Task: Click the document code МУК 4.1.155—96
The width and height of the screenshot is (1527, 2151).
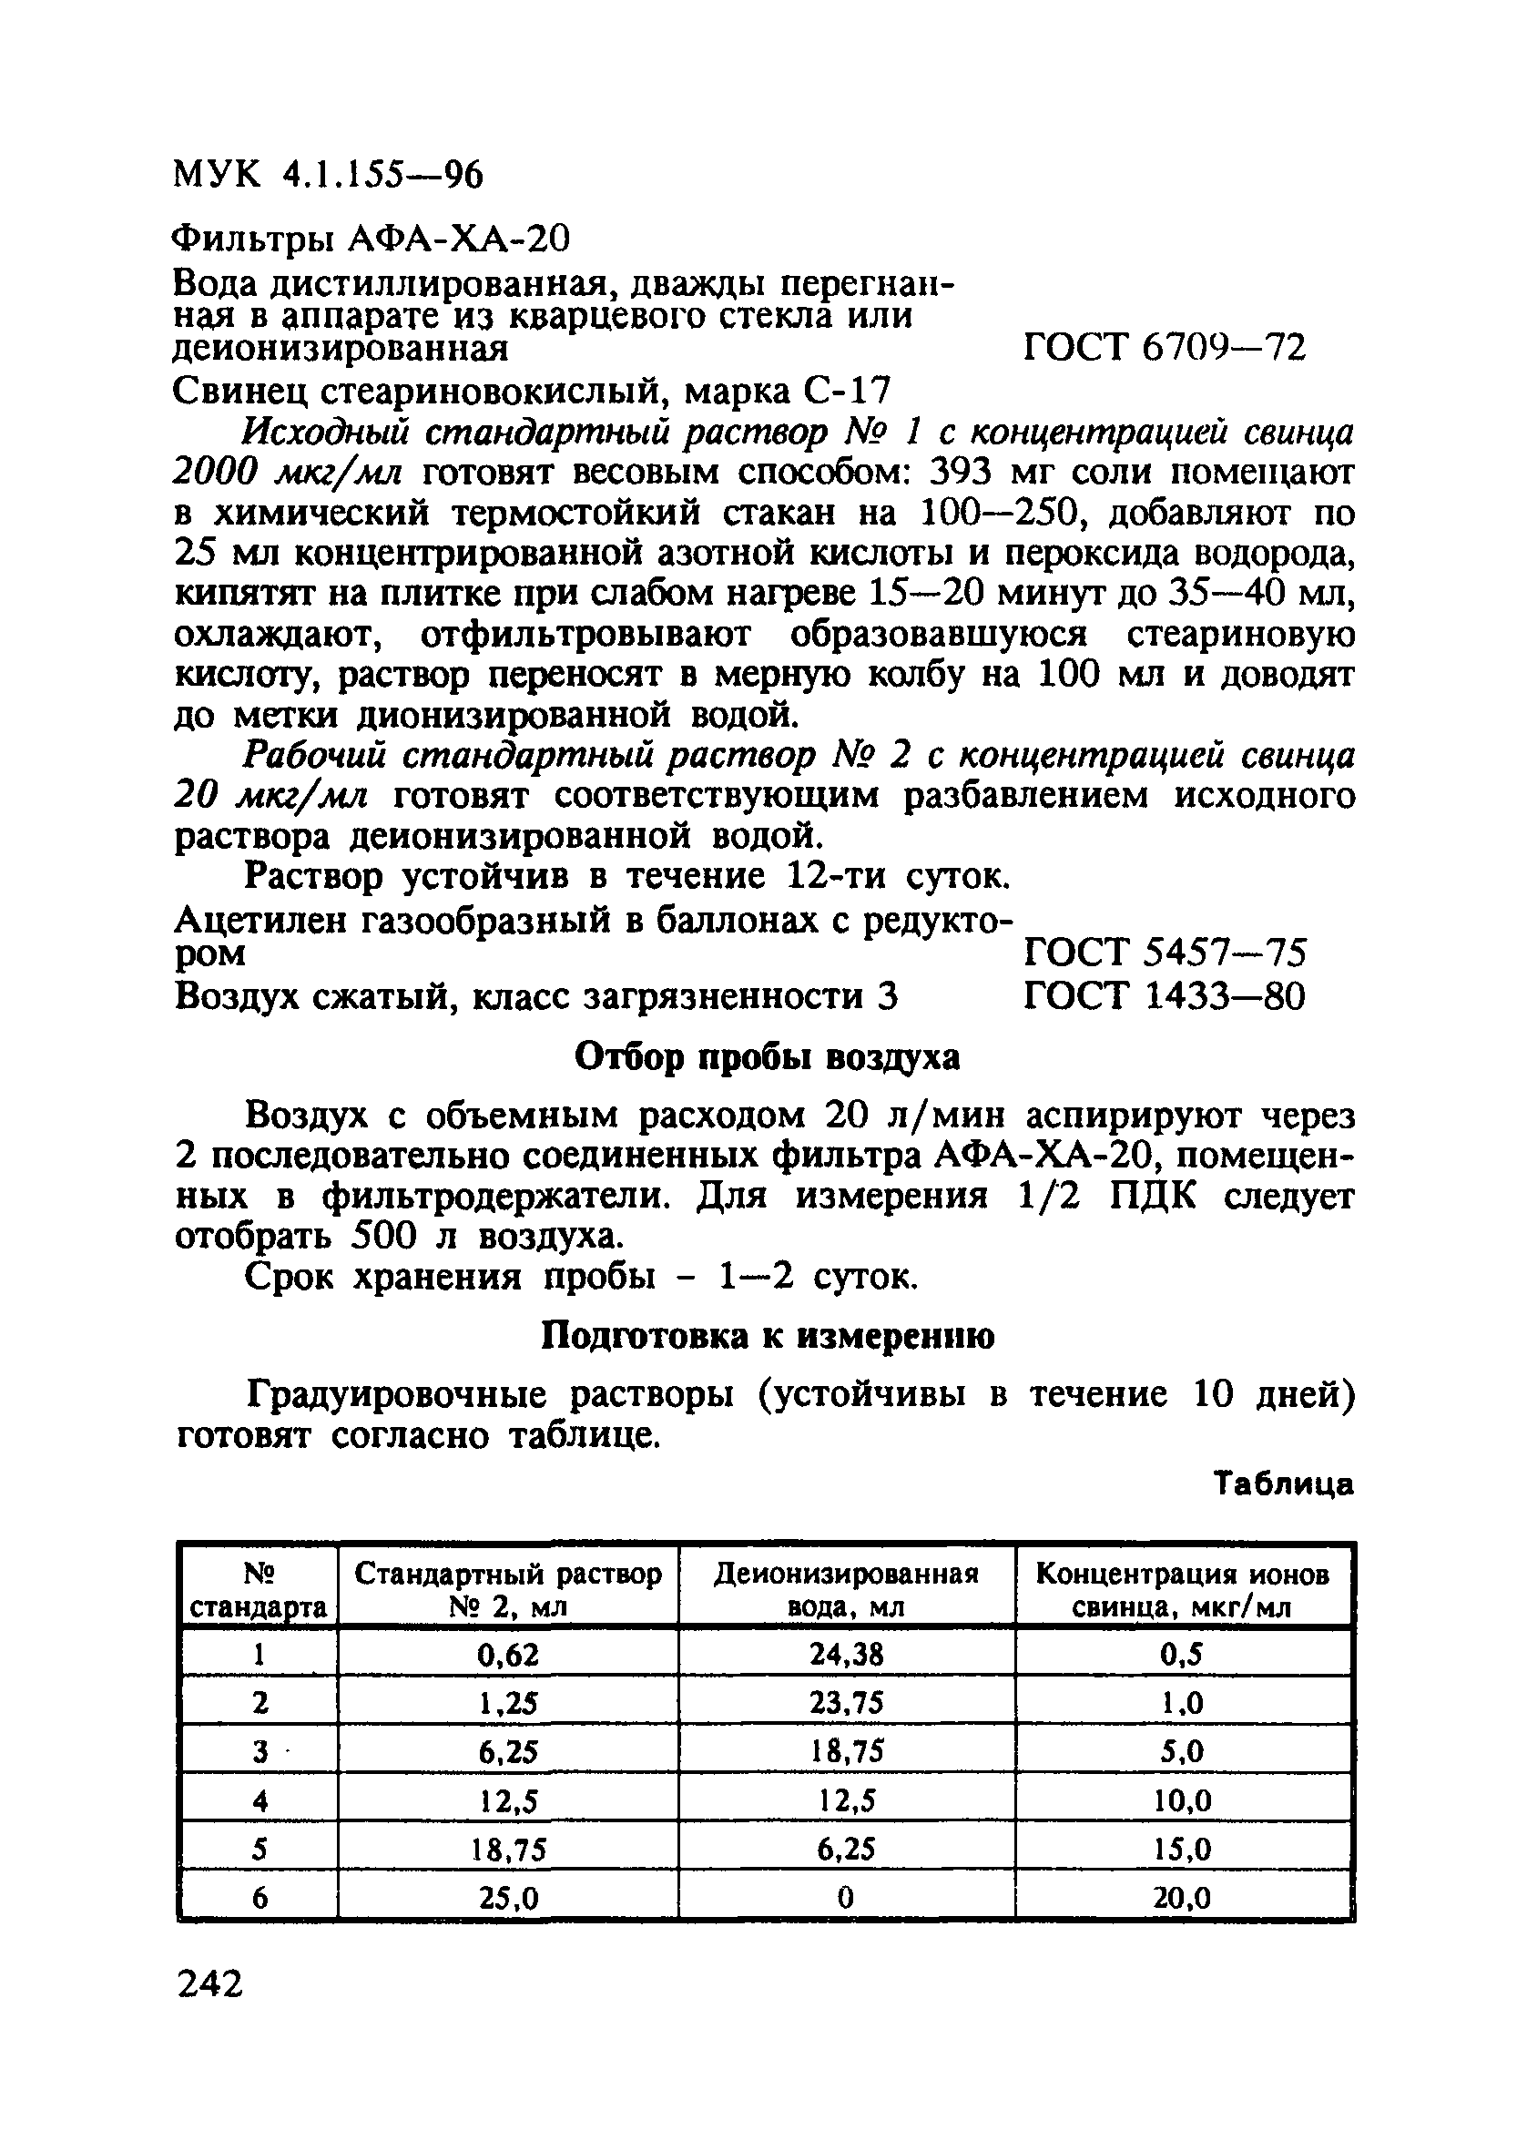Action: pos(328,175)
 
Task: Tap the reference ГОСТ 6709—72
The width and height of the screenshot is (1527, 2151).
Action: pos(1163,349)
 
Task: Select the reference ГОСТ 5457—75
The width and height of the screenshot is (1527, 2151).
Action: pos(1163,953)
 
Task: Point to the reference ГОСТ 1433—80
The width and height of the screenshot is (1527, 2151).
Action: pos(1163,995)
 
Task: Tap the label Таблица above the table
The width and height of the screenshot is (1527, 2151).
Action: pos(1283,1483)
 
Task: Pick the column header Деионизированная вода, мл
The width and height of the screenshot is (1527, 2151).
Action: pos(845,1590)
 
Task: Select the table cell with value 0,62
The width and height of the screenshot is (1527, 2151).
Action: pos(507,1655)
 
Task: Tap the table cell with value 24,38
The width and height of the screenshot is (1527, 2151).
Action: pos(845,1655)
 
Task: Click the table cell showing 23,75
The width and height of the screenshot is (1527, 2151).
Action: pos(845,1704)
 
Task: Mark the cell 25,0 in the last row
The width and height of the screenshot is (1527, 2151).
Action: pos(507,1899)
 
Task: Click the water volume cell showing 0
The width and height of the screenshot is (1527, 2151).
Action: pos(845,1899)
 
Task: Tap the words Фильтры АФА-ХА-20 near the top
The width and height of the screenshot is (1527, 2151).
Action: pos(372,240)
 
